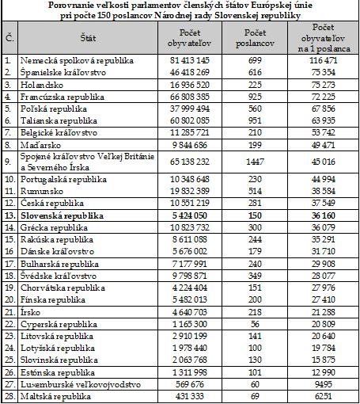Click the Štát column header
click(x=88, y=38)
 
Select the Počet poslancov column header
click(x=255, y=38)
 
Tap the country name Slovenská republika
click(x=62, y=215)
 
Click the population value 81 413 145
click(x=190, y=60)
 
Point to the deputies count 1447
click(x=255, y=162)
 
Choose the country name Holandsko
click(x=42, y=85)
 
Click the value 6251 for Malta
click(x=324, y=396)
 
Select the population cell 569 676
click(x=190, y=384)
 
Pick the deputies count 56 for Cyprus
click(x=255, y=324)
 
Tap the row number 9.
click(x=8, y=162)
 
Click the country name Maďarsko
click(x=40, y=145)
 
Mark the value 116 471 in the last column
click(x=324, y=60)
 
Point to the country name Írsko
click(x=30, y=312)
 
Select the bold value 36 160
click(x=324, y=215)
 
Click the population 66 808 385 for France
click(x=190, y=97)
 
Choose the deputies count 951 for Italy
click(x=255, y=120)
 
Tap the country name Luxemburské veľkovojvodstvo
click(x=81, y=384)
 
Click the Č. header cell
click(x=9, y=38)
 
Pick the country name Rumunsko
click(x=42, y=191)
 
